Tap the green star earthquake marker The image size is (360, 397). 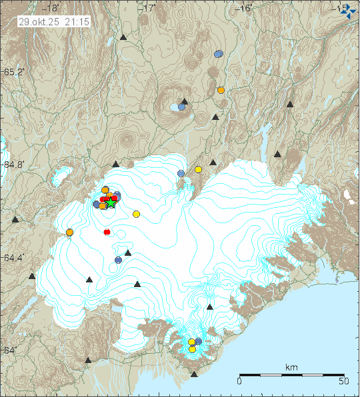(x=111, y=203)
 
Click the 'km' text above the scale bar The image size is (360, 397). (x=291, y=367)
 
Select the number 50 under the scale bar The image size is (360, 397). (x=344, y=382)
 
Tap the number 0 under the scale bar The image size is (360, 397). (x=239, y=382)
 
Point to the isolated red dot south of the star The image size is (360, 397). (x=107, y=232)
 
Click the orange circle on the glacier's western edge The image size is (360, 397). (x=69, y=232)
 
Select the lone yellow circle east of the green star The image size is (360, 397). (x=136, y=214)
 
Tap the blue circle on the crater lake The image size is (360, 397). (x=181, y=107)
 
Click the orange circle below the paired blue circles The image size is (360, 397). (x=221, y=90)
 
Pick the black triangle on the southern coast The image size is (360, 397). (x=194, y=374)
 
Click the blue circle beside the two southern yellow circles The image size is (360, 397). (x=198, y=341)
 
